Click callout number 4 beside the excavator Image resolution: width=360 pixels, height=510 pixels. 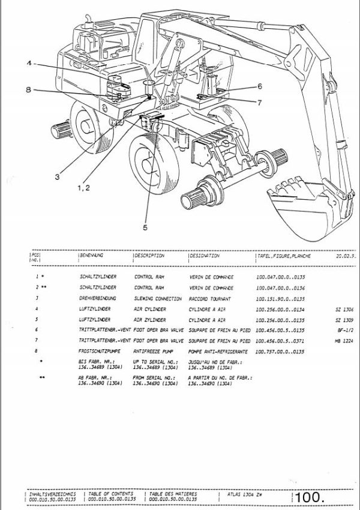pos(28,64)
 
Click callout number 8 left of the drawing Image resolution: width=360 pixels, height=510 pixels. pos(28,90)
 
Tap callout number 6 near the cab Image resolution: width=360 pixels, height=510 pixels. pos(260,86)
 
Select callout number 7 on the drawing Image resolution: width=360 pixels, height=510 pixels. pos(259,103)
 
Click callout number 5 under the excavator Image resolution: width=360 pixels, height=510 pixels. pos(145,227)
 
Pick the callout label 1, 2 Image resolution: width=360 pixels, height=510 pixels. pos(83,188)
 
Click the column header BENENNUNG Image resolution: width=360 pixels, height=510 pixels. pos(92,256)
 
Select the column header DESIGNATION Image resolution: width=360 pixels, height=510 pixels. pos(205,256)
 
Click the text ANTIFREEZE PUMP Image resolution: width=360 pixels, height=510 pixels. pos(151,351)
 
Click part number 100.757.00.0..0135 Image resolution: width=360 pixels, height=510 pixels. pos(280,351)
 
